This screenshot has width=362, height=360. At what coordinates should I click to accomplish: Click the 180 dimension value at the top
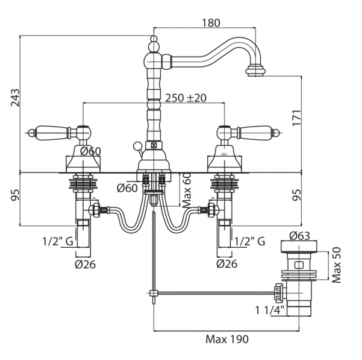(210, 22)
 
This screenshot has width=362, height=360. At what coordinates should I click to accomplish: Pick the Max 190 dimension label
(226, 338)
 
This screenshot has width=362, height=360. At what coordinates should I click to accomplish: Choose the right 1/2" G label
(249, 241)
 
